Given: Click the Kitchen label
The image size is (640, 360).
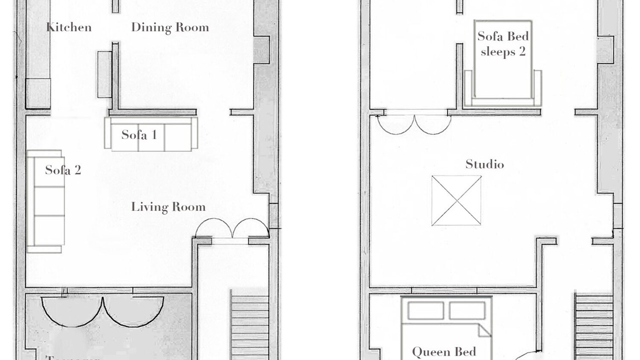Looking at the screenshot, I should tap(69, 27).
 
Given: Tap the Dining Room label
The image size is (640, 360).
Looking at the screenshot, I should tap(170, 27).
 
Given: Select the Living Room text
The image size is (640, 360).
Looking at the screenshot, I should tap(168, 206).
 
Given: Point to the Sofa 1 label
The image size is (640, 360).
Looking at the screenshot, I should tap(139, 134).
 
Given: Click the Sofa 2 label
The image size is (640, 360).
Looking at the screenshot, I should tap(63, 170).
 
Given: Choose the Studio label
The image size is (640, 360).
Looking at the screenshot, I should tap(484, 164).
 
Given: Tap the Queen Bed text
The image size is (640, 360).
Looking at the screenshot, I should tap(444, 352).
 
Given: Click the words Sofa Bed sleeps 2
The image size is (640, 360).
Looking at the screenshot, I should tap(503, 43).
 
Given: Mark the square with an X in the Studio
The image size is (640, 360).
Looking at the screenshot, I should tap(456, 200).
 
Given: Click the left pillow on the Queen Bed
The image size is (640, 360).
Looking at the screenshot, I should tap(426, 310).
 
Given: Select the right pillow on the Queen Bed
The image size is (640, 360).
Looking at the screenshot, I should tap(467, 310).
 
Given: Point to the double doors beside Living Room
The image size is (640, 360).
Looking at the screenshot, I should tap(232, 229).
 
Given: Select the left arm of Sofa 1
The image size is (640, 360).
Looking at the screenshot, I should tap(107, 133).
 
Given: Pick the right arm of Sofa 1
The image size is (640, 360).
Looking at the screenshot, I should tap(194, 133).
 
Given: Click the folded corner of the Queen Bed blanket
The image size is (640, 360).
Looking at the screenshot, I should tap(484, 330).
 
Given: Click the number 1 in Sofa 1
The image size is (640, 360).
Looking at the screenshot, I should tap(153, 134).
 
